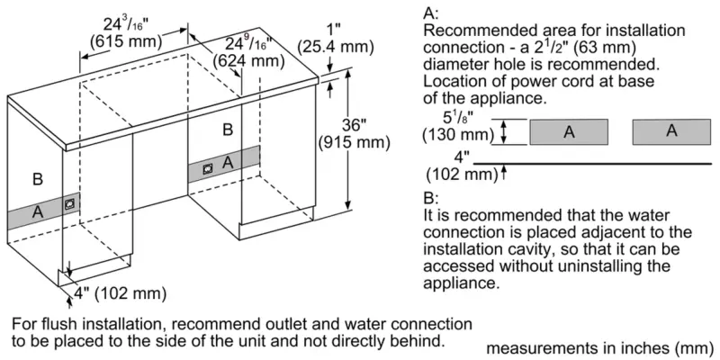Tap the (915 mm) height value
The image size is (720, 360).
point(355,142)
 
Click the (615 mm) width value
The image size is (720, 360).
point(122,40)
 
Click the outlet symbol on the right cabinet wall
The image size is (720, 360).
point(207,167)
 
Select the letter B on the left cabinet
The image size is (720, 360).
point(37,179)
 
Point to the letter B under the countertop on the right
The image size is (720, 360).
point(228,130)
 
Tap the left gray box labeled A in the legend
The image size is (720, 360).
point(568,131)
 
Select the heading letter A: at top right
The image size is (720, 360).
point(430,13)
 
